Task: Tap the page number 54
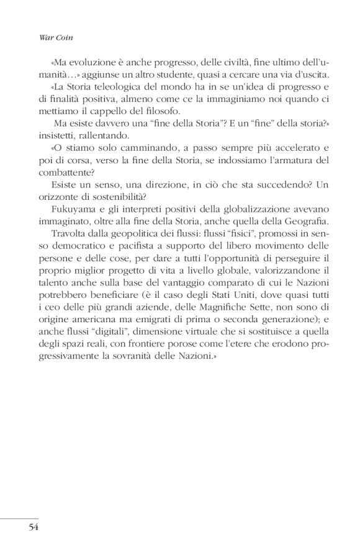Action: (34, 528)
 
